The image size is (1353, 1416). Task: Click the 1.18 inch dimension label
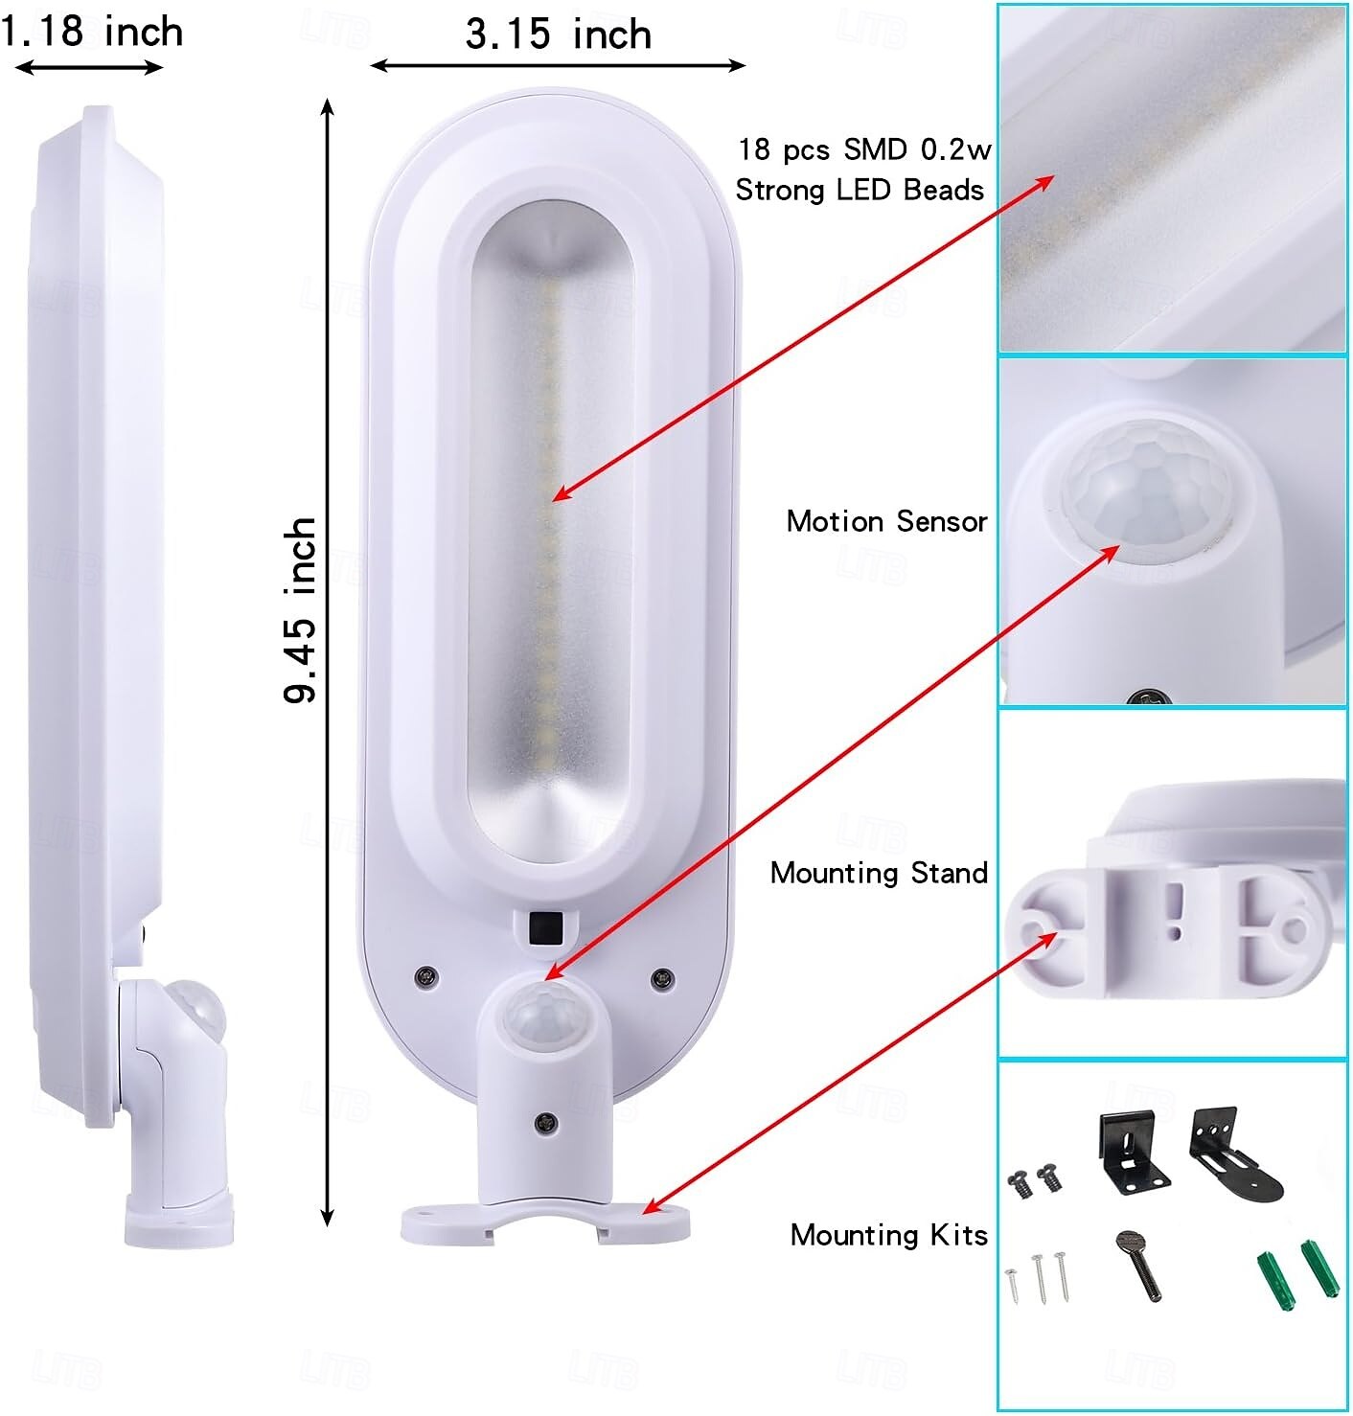[x=92, y=32]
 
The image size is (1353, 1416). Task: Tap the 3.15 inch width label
[x=559, y=34]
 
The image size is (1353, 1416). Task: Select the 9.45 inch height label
[x=300, y=609]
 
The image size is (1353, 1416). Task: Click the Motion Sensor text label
[x=886, y=521]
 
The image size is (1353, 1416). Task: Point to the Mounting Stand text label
[x=879, y=873]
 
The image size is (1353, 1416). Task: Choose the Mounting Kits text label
[x=888, y=1234]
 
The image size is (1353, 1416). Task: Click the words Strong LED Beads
[x=860, y=190]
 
